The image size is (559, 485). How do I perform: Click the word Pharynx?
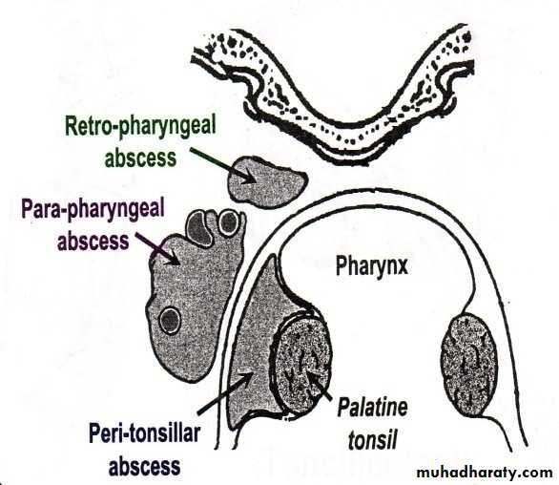[x=372, y=266]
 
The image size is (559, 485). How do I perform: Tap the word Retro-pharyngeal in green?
[x=140, y=127]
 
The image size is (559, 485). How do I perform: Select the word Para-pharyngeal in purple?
[x=93, y=209]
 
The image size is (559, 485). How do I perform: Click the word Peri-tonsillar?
[x=144, y=433]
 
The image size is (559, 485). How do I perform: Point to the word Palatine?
[x=372, y=408]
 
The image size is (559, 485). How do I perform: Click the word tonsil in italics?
[x=372, y=440]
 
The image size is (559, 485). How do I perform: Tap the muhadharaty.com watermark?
[x=485, y=472]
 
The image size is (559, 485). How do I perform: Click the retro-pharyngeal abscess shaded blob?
[x=265, y=181]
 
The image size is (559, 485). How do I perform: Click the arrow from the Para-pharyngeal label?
[x=157, y=248]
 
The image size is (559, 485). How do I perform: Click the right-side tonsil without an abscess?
[x=468, y=365]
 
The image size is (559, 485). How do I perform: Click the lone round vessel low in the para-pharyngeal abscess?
[x=170, y=320]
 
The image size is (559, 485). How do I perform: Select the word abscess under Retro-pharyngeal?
[x=140, y=158]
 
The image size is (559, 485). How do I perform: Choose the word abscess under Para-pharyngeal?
[x=93, y=242]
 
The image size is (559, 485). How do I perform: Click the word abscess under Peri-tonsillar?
[x=144, y=466]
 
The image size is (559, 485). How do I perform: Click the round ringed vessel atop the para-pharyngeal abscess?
[x=229, y=222]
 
